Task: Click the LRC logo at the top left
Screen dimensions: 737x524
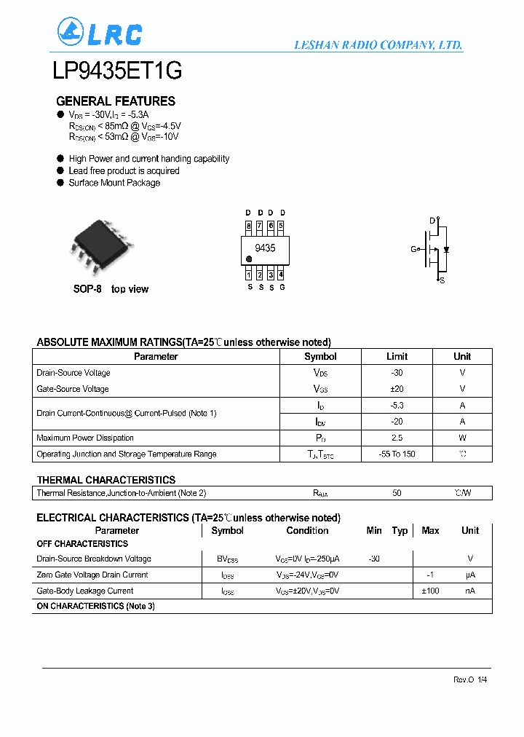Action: [x=99, y=33]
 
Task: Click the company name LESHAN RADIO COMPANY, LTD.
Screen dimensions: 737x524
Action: [x=378, y=45]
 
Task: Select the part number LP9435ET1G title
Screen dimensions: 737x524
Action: [x=117, y=71]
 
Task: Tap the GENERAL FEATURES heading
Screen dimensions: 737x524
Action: [x=116, y=101]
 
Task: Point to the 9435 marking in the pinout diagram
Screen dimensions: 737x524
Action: [x=265, y=248]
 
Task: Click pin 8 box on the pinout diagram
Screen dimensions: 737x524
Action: [x=249, y=226]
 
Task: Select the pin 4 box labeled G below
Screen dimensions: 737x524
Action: [x=281, y=275]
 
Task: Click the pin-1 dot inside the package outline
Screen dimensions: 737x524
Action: [x=249, y=259]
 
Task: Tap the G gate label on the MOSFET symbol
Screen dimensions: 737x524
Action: [x=413, y=249]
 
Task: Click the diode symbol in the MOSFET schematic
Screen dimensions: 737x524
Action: [x=445, y=249]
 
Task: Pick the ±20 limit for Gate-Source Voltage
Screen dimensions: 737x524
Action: [x=397, y=389]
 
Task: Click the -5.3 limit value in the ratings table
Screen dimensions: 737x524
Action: [x=397, y=406]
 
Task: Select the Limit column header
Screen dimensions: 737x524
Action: [x=397, y=357]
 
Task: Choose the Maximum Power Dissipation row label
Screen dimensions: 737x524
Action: [x=85, y=438]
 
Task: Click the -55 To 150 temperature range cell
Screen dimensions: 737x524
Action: [x=397, y=454]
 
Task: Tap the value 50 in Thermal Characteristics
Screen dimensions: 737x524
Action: [x=397, y=493]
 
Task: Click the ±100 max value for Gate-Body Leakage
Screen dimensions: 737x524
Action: [x=430, y=591]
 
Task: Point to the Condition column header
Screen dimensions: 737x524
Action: [x=307, y=531]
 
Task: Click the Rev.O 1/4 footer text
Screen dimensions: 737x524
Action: [x=470, y=679]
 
